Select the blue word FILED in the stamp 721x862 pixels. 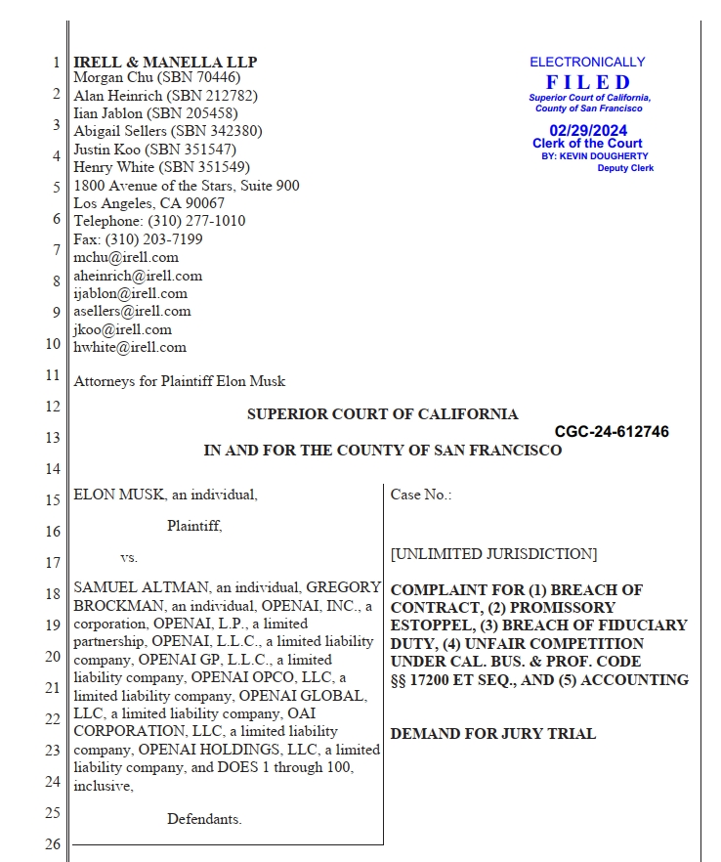tap(588, 82)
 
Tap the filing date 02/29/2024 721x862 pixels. tap(588, 130)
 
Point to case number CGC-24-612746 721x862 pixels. tap(612, 432)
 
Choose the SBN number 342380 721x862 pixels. tap(240, 131)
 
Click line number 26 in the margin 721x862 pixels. tap(52, 844)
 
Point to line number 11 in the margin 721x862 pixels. tap(52, 375)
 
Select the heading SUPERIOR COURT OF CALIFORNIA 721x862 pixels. tap(383, 414)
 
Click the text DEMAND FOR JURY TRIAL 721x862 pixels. tap(492, 734)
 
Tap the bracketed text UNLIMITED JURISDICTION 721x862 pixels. tap(493, 554)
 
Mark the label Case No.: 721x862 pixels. tap(421, 495)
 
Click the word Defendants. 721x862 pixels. tap(204, 819)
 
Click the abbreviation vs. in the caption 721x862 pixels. tap(129, 558)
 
